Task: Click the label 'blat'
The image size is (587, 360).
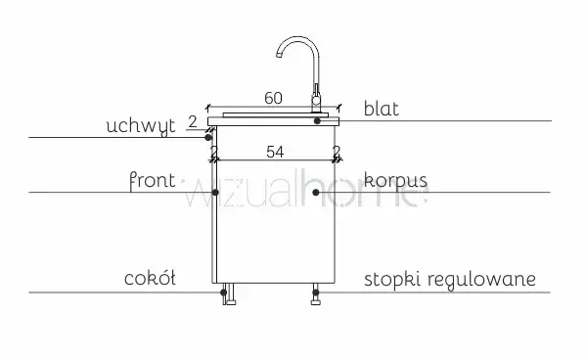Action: pyautogui.click(x=382, y=109)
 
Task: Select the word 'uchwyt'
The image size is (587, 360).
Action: pyautogui.click(x=141, y=126)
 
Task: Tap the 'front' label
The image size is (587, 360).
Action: pyautogui.click(x=152, y=181)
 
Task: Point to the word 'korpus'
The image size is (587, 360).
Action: pyautogui.click(x=395, y=180)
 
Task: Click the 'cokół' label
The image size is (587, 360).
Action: pyautogui.click(x=150, y=279)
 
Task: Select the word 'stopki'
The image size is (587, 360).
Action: pyautogui.click(x=392, y=280)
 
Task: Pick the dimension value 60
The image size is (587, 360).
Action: pyautogui.click(x=273, y=98)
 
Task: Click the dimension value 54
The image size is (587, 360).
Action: pyautogui.click(x=275, y=152)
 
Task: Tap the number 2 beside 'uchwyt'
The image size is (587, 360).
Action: pyautogui.click(x=193, y=122)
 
